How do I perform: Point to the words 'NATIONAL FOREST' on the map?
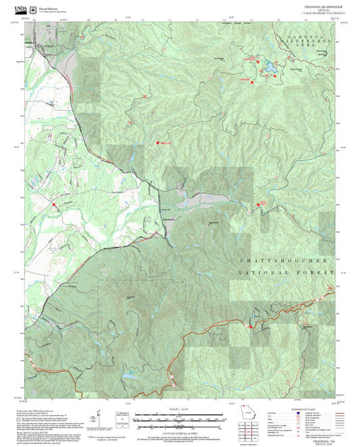pyautogui.click(x=286, y=273)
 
